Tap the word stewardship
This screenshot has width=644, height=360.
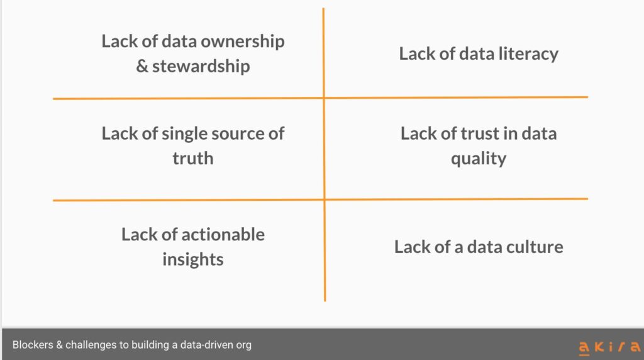coord(201,67)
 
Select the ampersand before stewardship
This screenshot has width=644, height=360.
coord(142,66)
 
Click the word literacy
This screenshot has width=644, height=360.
coord(528,55)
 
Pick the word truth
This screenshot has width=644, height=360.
coord(193,158)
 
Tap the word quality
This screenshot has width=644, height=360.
coord(479,159)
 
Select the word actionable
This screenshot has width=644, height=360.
coord(223,235)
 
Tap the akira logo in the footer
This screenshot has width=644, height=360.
coord(609,347)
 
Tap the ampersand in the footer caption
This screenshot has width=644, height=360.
coord(60,345)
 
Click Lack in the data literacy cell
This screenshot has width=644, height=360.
coord(418,54)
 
